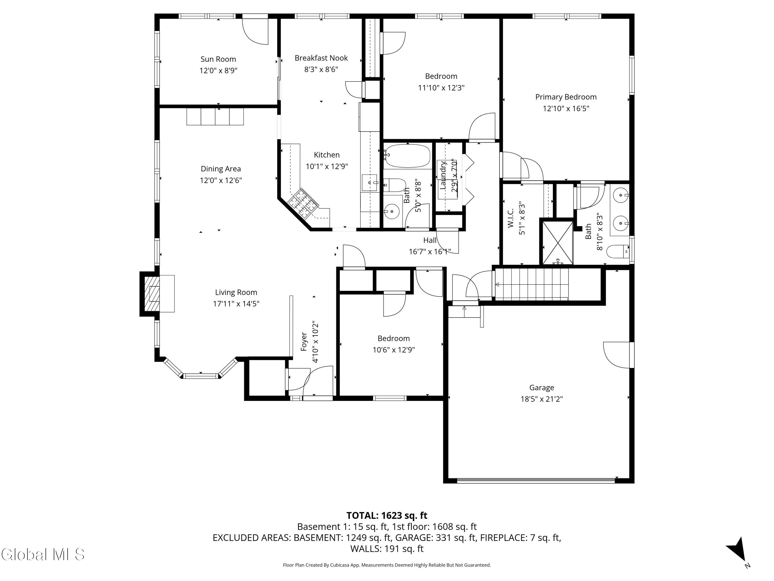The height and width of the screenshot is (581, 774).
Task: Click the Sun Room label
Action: coord(218,59)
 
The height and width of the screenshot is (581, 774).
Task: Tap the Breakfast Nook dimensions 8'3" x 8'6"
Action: coord(321,69)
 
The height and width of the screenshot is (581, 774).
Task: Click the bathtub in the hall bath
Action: coord(408,156)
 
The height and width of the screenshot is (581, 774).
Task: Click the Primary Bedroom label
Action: coord(566,97)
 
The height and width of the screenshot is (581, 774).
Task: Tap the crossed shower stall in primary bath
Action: coord(558,242)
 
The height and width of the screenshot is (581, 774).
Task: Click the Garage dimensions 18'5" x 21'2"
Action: coord(541,399)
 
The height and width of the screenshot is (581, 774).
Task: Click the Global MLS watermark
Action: coord(43,554)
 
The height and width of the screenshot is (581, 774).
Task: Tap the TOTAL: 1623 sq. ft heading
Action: coord(387,515)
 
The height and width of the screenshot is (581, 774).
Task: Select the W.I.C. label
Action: coord(511,218)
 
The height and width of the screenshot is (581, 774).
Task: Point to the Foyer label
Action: coord(304,341)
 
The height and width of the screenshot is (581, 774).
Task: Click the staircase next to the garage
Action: coord(532,284)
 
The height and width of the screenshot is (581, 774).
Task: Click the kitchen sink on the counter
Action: coord(369,183)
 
